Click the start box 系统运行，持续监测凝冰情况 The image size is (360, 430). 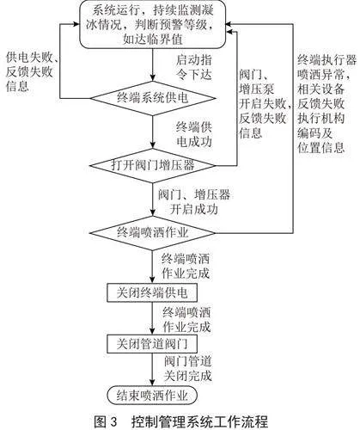pos(152,24)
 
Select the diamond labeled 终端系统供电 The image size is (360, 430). pos(153,98)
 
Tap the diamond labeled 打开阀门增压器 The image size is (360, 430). pos(153,165)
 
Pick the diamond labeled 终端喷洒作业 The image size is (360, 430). pos(153,232)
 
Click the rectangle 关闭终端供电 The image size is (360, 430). pos(152,292)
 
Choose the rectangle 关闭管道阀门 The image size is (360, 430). pos(152,344)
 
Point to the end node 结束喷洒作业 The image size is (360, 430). pos(152,396)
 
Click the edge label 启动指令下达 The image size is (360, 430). pos(193,68)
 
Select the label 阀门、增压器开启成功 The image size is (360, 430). pos(194,202)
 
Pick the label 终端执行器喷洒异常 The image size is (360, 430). pos(327,68)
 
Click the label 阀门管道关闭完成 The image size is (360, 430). pos(188,369)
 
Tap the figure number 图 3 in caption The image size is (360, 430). pos(106,421)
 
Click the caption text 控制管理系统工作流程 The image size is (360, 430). pos(200,421)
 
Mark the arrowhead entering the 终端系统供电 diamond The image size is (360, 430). pos(153,78)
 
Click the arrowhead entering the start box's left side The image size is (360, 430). pos(76,24)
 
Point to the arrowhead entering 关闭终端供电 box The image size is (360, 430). pos(153,280)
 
